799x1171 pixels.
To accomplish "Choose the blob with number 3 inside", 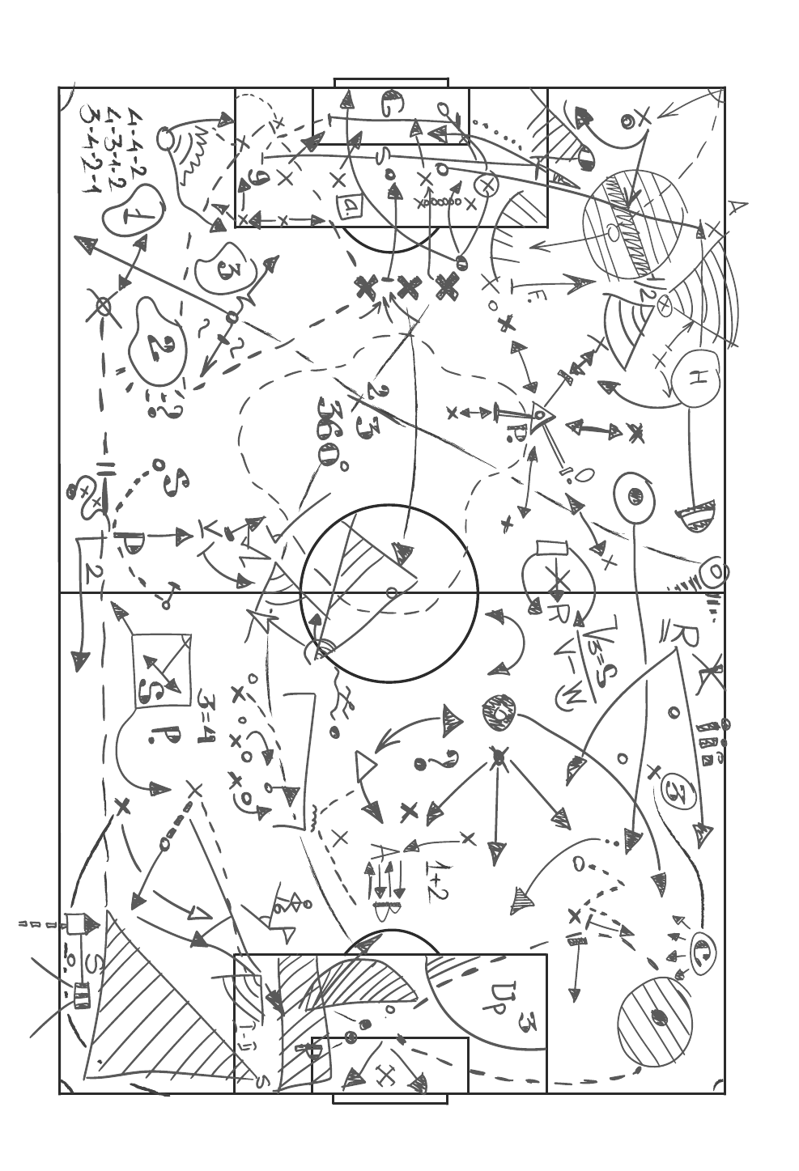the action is pyautogui.click(x=226, y=269).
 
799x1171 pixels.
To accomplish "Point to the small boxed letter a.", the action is pyautogui.click(x=351, y=207).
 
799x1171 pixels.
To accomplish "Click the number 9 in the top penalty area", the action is pyautogui.click(x=258, y=179).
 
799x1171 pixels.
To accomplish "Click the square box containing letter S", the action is pyautogui.click(x=161, y=671).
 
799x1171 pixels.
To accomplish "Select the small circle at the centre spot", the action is pyautogui.click(x=391, y=592).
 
